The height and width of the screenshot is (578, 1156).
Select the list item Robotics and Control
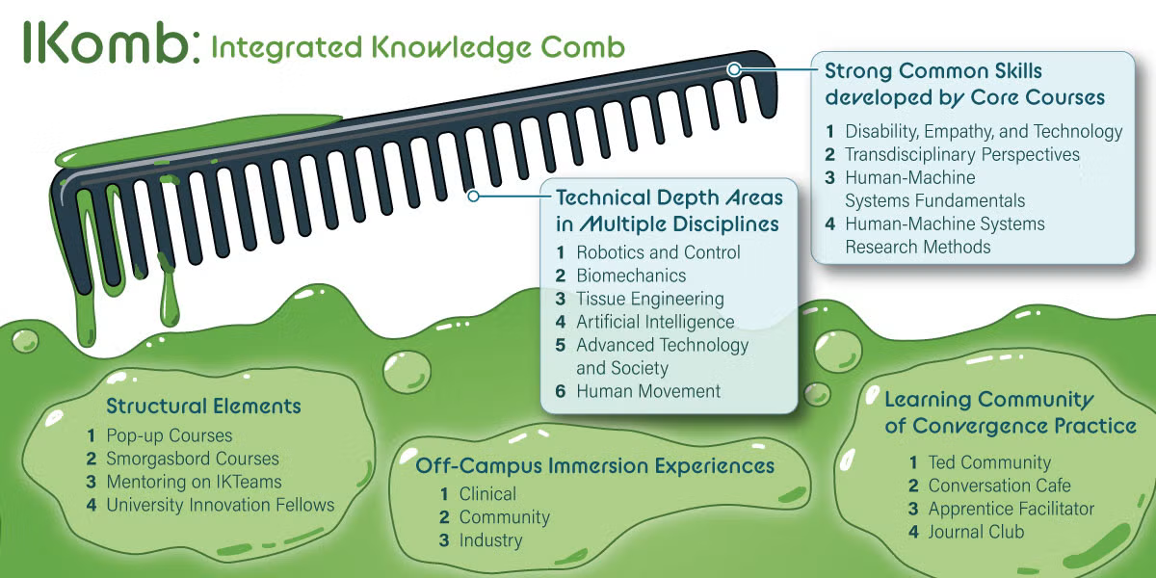(658, 252)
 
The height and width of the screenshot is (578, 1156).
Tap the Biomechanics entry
(631, 276)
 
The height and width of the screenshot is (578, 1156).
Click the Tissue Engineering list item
(649, 299)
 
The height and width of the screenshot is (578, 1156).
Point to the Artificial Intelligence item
(655, 322)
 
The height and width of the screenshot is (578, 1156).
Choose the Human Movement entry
(648, 391)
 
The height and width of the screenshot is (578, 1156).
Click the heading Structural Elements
(203, 406)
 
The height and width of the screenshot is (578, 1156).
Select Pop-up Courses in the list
(169, 435)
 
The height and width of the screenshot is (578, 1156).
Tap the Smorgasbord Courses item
(192, 459)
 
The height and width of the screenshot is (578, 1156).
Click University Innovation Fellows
(220, 505)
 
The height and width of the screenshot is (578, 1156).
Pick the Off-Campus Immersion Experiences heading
(594, 466)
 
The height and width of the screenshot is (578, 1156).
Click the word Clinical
(487, 494)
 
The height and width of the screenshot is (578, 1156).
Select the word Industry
(490, 540)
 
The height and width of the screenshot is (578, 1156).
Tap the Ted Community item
(989, 462)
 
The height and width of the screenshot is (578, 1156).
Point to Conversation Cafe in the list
(999, 486)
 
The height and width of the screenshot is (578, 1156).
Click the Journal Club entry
(976, 532)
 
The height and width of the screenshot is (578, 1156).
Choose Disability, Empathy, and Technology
(984, 131)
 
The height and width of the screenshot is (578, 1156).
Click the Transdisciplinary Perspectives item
(962, 154)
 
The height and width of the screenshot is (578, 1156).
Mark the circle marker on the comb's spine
(734, 69)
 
